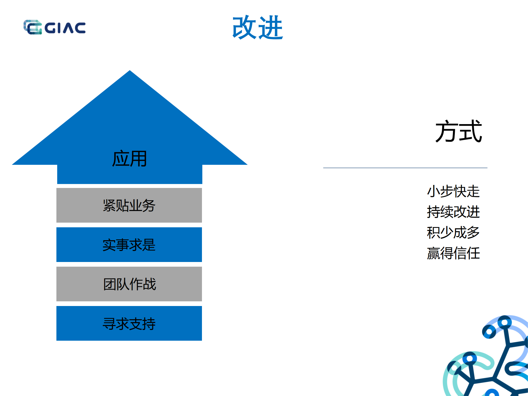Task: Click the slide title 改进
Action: click(x=258, y=28)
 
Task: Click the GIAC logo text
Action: click(x=65, y=28)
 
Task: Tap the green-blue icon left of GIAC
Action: click(x=32, y=27)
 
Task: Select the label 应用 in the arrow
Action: click(x=129, y=159)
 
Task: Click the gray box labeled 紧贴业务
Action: click(x=129, y=205)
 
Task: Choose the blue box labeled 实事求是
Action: click(x=129, y=245)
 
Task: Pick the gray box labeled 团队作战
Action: click(x=129, y=284)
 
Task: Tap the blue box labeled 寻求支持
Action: click(x=129, y=323)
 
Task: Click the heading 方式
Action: click(x=458, y=132)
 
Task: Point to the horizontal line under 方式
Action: click(x=405, y=168)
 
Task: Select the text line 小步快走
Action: click(x=453, y=191)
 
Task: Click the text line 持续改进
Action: click(x=453, y=212)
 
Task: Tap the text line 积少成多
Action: click(x=453, y=233)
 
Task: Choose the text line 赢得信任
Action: click(x=453, y=253)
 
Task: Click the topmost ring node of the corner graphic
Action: click(x=504, y=322)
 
